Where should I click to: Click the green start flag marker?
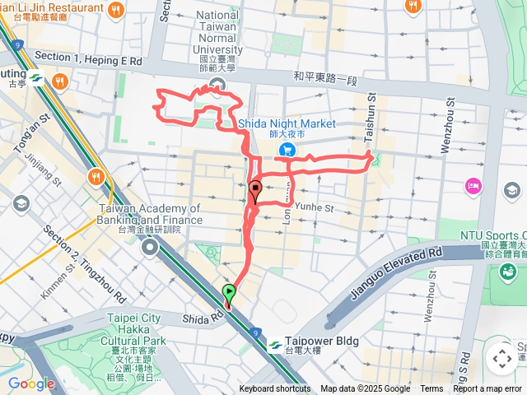229,294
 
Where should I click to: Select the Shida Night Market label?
287,123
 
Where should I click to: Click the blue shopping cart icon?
287,149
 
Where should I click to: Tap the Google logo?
30,383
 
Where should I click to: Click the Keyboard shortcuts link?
275,389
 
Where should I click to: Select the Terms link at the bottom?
431,389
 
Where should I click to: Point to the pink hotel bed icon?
473,188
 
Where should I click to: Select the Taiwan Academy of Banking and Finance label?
149,214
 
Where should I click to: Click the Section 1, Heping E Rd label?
88,61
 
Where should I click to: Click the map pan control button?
501,359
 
